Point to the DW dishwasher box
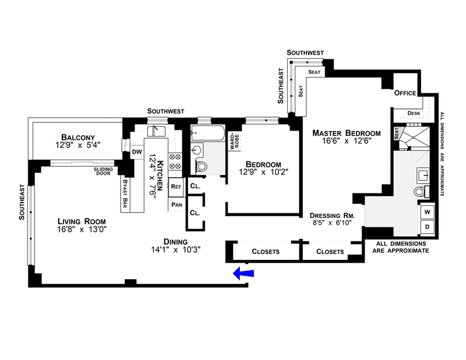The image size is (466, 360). pyautogui.click(x=137, y=152)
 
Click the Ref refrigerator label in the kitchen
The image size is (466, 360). pyautogui.click(x=176, y=187)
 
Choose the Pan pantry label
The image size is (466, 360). pyautogui.click(x=176, y=205)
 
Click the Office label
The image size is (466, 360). pyautogui.click(x=404, y=93)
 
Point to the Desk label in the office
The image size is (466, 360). pyautogui.click(x=414, y=113)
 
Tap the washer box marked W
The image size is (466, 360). pyautogui.click(x=427, y=211)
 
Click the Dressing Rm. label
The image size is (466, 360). pyautogui.click(x=336, y=215)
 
